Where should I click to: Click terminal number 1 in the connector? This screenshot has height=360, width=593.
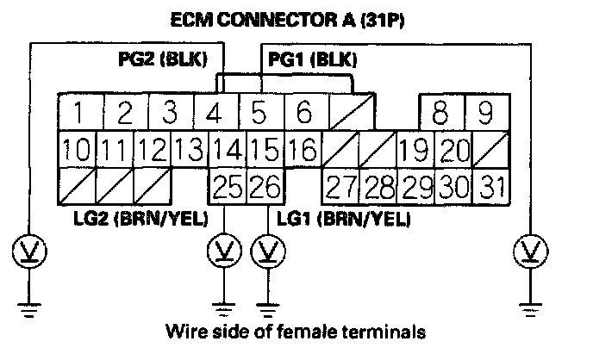pyautogui.click(x=78, y=112)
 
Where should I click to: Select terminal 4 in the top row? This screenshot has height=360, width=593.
pyautogui.click(x=211, y=112)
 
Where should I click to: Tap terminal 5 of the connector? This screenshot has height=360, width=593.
pyautogui.click(x=256, y=112)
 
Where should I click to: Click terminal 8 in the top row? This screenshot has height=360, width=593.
pyautogui.click(x=441, y=112)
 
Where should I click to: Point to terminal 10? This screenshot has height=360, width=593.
pyautogui.click(x=77, y=150)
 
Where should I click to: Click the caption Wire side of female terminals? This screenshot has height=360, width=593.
pyautogui.click(x=297, y=331)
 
